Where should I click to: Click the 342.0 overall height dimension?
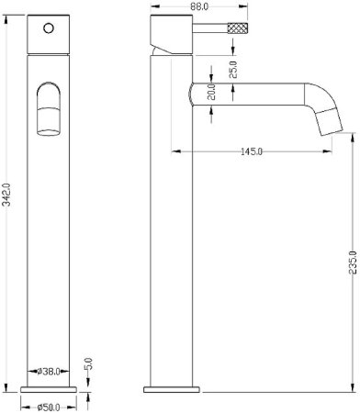tap(6, 195)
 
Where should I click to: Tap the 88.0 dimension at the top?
tap(198, 6)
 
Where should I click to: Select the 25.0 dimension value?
tap(233, 70)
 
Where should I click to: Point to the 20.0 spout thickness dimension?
tap(211, 92)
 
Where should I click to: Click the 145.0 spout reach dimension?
tap(252, 151)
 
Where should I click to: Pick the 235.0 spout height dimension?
tap(353, 262)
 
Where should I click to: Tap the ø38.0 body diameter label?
tap(49, 372)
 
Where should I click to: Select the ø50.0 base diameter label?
tap(49, 407)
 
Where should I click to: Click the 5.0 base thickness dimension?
tap(88, 364)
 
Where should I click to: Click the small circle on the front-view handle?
tap(49, 28)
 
